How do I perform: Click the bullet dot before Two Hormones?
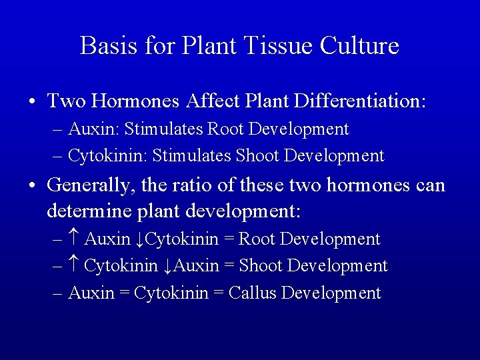coord(32,102)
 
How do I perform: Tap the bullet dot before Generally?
coord(32,185)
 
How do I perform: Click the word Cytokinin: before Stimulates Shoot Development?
coord(108,156)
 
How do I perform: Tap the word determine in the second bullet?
coord(89,212)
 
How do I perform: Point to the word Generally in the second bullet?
coord(93,185)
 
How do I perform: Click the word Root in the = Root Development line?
coord(256,239)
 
